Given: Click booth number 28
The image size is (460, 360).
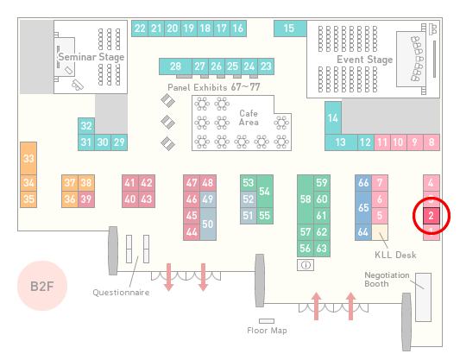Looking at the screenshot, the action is point(175,66).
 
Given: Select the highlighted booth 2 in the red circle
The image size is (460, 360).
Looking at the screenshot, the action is point(431,216).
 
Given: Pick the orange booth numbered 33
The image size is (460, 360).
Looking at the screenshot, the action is point(28,159).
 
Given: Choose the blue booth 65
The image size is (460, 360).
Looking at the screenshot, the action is point(363,207).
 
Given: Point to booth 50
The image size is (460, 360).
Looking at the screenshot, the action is point(208,224).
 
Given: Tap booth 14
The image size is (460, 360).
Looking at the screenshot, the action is point(333,118).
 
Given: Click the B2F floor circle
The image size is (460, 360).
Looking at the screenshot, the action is point(42,286).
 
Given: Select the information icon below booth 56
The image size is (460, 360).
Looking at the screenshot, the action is point(306,265).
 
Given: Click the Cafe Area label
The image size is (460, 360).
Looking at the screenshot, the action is point(249,117).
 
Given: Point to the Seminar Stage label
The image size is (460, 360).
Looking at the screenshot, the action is point(91,57).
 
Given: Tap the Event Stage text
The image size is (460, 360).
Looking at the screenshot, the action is point(365,60).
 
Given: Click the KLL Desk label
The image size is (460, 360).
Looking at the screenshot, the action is point(395,255).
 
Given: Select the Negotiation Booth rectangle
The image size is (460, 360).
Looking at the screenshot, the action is point(424,297).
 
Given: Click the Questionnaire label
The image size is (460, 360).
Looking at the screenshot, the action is point(121,293).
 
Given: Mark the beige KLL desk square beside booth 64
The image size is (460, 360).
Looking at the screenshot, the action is point(380,232).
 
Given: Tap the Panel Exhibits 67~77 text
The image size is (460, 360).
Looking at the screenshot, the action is point(214,87).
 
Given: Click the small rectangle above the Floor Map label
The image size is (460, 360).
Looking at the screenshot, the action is point(267,321).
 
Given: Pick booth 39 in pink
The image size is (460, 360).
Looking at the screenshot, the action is point(86,199).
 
